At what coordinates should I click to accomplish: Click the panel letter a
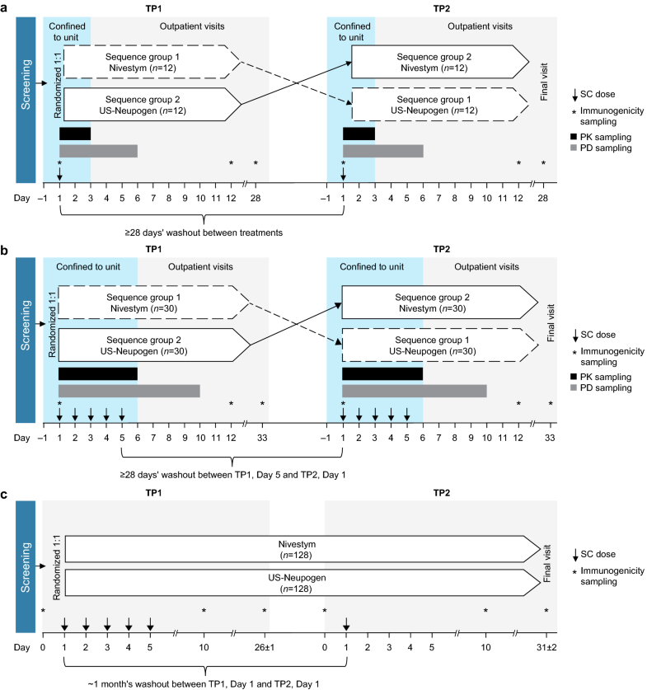[x=5, y=6]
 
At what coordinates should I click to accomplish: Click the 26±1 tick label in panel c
[x=264, y=649]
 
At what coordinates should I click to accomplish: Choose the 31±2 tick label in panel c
[x=546, y=649]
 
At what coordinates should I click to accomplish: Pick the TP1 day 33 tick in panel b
[x=262, y=438]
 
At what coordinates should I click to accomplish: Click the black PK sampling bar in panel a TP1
[x=75, y=134]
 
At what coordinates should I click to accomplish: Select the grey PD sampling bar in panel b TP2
[x=414, y=390]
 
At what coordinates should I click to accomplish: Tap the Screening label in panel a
[x=28, y=91]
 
